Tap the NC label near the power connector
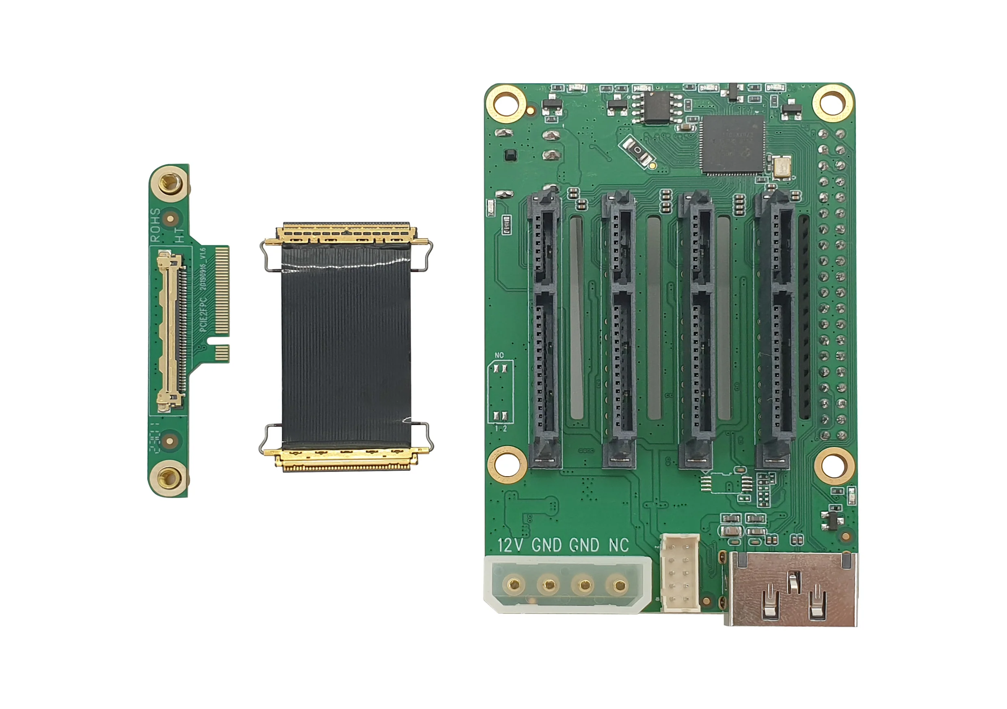pyautogui.click(x=619, y=545)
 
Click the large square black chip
pyautogui.click(x=732, y=145)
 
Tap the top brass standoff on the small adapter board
pyautogui.click(x=170, y=183)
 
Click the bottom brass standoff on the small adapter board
pyautogui.click(x=169, y=478)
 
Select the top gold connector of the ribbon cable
pyautogui.click(x=346, y=233)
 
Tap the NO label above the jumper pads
pyautogui.click(x=499, y=355)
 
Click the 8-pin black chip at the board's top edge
pyautogui.click(x=657, y=107)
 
